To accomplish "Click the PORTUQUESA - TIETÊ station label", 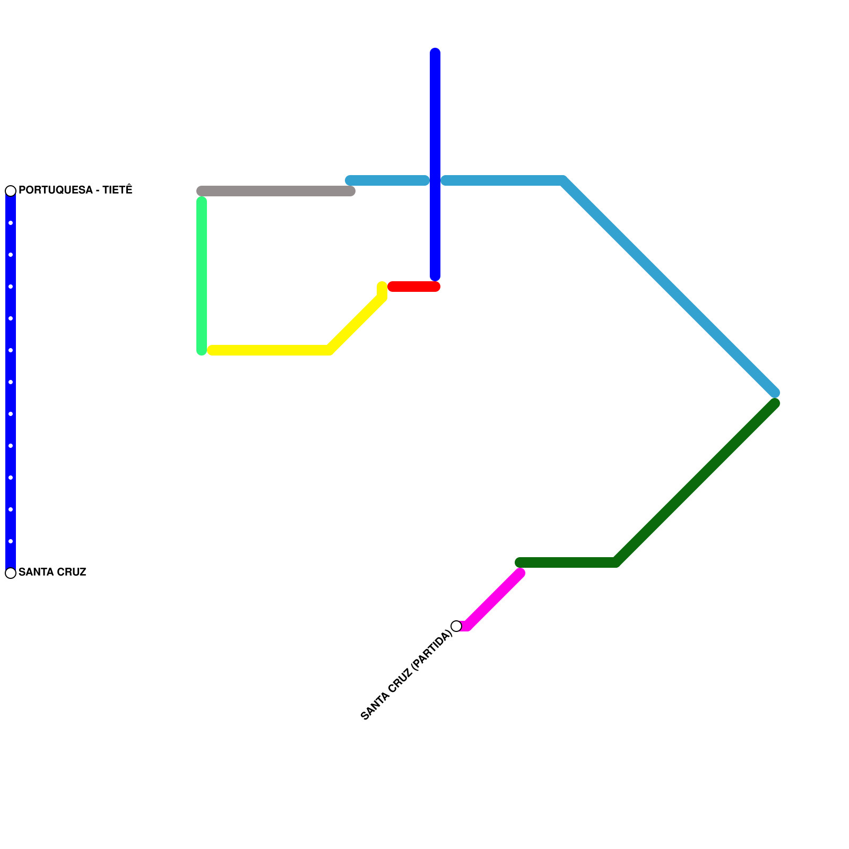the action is coord(75,190).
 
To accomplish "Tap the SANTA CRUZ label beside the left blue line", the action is coord(52,572).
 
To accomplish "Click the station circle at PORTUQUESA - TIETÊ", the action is coord(11,191).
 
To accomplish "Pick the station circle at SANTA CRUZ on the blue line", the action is coord(11,573).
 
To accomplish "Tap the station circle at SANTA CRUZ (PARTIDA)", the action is coord(456,626).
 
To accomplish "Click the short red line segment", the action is coord(414,287).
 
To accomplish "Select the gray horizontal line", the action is coord(276,191).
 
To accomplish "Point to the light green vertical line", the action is coord(202,276).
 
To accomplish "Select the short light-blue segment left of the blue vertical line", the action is coord(387,180).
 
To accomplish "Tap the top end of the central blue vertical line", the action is coord(435,52).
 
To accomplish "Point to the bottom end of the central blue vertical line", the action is coord(435,276).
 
